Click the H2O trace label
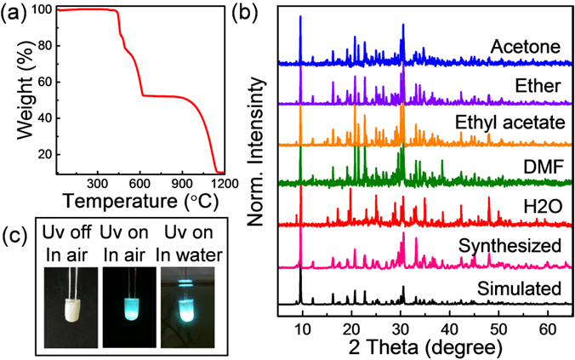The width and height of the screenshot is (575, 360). [543, 207]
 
